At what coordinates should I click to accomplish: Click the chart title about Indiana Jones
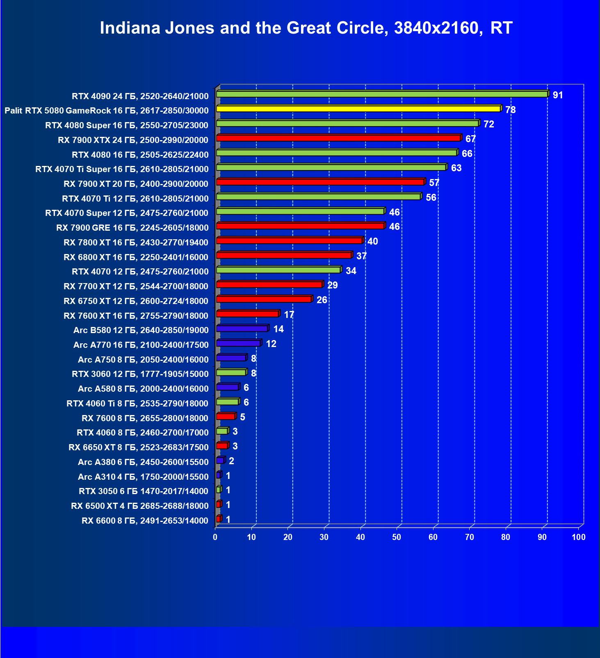click(x=306, y=28)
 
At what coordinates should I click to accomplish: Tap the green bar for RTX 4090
click(x=381, y=94)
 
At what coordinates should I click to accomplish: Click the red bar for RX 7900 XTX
click(x=338, y=138)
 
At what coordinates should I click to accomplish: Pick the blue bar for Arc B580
click(x=242, y=329)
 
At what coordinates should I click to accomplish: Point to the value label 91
click(x=558, y=95)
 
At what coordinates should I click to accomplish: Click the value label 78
click(x=510, y=110)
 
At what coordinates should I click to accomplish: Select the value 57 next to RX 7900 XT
click(x=434, y=183)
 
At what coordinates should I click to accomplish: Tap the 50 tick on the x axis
click(x=397, y=537)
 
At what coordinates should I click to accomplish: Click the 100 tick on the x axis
click(x=579, y=537)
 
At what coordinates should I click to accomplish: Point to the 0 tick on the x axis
click(x=215, y=537)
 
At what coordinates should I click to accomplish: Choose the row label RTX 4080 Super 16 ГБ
click(x=127, y=125)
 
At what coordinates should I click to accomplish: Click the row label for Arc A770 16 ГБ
click(x=141, y=345)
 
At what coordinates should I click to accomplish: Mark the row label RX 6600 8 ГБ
click(x=145, y=521)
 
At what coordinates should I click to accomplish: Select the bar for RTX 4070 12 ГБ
click(x=278, y=270)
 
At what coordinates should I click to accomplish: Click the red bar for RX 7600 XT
click(x=247, y=314)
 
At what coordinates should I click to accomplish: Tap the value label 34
click(x=351, y=271)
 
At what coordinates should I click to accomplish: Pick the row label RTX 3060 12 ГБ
click(x=140, y=374)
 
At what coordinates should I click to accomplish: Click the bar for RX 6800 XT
click(x=284, y=255)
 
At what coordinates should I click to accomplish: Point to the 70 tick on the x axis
click(x=470, y=537)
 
